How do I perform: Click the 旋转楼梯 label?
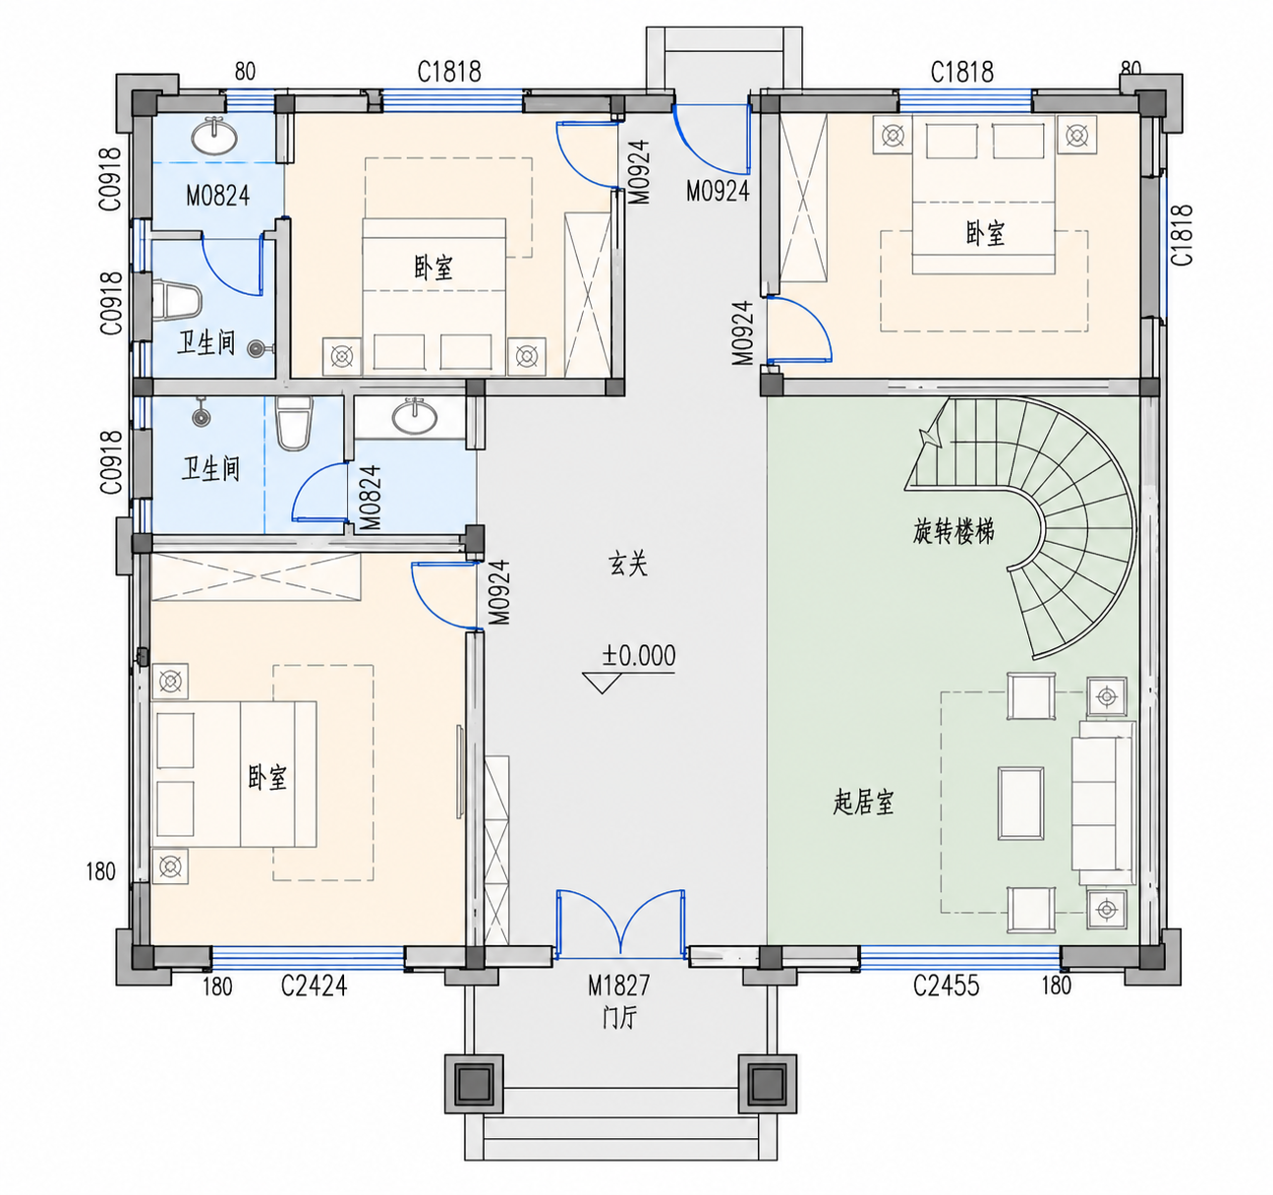[954, 531]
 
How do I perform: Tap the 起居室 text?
[863, 802]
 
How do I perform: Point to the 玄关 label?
[627, 564]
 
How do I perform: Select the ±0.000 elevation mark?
[638, 656]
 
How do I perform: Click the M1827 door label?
[619, 986]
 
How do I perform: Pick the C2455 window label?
[946, 986]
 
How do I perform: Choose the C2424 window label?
[315, 986]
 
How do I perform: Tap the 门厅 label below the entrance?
[619, 1017]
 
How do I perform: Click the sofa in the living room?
[1103, 803]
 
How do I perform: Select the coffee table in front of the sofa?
[1020, 804]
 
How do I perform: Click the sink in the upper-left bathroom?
[214, 136]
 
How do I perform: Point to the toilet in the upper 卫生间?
[176, 301]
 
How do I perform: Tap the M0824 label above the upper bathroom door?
[218, 196]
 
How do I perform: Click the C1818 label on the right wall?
[1182, 234]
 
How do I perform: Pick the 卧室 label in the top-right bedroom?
[985, 233]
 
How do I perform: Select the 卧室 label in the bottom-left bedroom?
[267, 777]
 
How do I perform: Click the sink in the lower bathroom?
[415, 416]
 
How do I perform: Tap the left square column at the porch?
[475, 1084]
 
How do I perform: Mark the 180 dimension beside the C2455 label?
[1057, 986]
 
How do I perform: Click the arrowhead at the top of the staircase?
[929, 437]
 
